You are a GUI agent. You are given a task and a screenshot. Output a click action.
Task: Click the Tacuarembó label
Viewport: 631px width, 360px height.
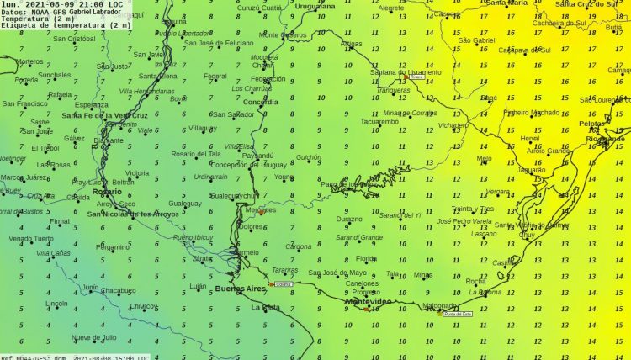pyautogui.click(x=379, y=121)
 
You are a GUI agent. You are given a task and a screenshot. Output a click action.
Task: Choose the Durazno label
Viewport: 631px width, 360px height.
pyautogui.click(x=349, y=219)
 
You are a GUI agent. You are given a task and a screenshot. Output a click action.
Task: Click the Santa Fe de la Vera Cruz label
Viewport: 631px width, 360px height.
pyautogui.click(x=105, y=115)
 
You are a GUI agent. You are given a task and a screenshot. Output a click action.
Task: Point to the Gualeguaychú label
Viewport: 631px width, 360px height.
pyautogui.click(x=231, y=195)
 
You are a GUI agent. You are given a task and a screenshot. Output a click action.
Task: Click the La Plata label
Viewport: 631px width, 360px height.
pyautogui.click(x=266, y=308)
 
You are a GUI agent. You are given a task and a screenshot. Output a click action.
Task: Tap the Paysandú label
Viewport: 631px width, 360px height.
pyautogui.click(x=258, y=156)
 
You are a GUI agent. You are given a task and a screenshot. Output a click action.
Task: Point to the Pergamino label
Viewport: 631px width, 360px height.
pyautogui.click(x=113, y=247)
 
